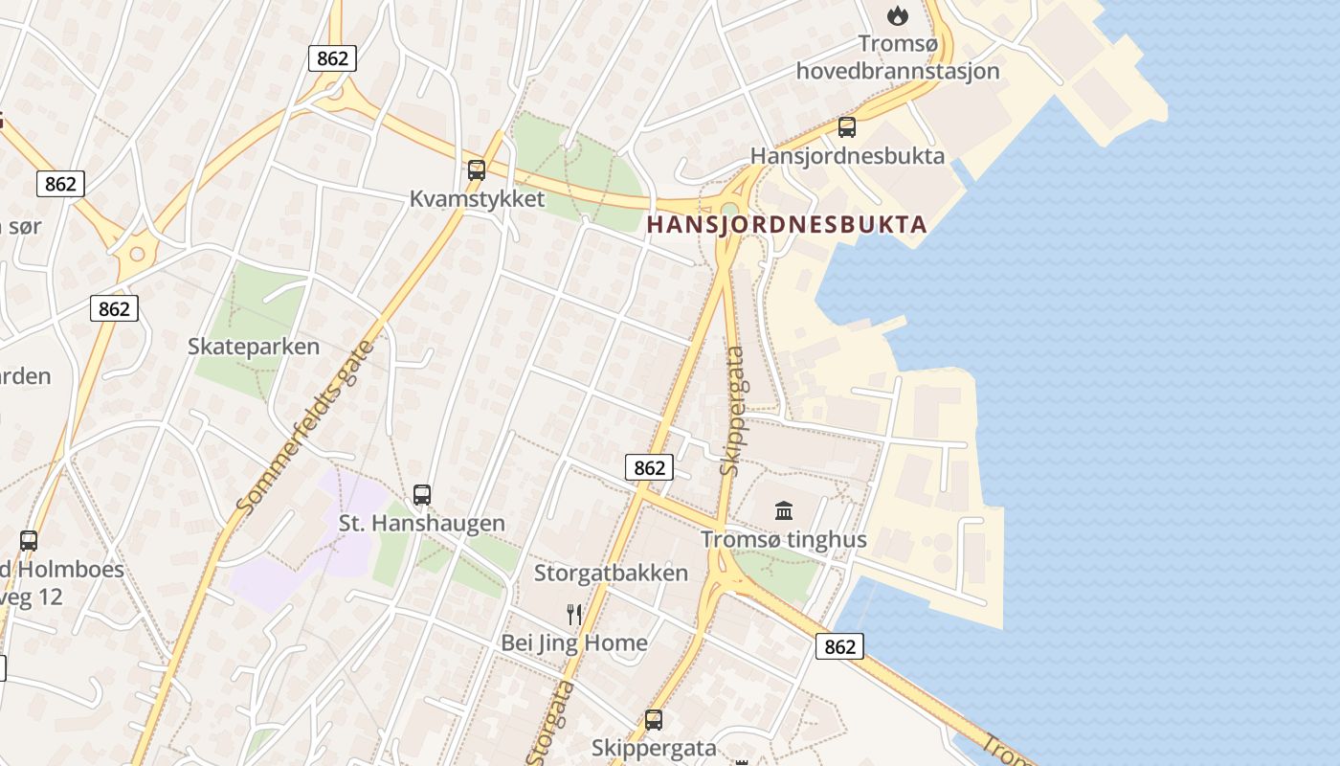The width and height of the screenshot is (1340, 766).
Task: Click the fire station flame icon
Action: pos(897,15)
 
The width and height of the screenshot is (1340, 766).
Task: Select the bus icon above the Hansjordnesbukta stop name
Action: pos(846,126)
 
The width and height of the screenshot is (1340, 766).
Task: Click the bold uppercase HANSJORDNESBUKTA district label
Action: pos(788,225)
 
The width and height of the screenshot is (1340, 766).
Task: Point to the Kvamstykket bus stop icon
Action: pos(476,170)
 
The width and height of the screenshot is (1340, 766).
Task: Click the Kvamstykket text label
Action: pos(477,199)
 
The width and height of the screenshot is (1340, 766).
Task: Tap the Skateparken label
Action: pos(254,347)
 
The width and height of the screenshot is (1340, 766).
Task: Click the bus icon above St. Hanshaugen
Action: pos(421,495)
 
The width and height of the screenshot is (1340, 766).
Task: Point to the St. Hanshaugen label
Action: pos(422,524)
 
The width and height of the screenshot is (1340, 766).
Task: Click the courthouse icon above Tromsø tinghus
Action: pos(784,510)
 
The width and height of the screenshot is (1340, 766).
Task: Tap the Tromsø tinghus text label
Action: pos(784,539)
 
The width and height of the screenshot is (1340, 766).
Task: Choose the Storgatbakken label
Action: pos(611,574)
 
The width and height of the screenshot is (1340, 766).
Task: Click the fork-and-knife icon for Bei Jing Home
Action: pos(574,614)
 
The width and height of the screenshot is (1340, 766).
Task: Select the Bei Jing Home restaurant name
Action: pos(574,642)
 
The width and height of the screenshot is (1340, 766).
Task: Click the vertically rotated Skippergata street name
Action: pos(733,411)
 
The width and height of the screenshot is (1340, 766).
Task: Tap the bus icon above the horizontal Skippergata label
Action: pos(654,719)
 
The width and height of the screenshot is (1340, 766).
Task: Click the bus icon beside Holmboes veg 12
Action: pos(29,540)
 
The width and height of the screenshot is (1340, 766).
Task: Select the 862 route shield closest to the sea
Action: pos(839,646)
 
